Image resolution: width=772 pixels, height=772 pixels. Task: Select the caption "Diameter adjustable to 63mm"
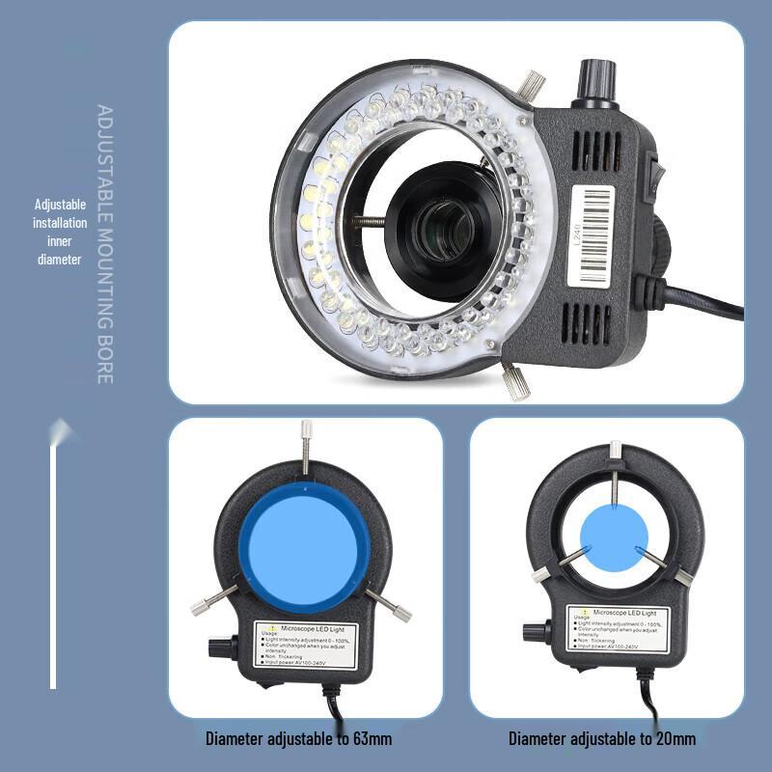click(298, 739)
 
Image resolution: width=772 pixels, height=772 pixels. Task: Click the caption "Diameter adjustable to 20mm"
click(602, 739)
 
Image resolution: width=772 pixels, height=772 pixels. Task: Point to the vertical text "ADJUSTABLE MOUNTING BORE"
click(105, 244)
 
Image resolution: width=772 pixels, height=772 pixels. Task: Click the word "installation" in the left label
click(61, 223)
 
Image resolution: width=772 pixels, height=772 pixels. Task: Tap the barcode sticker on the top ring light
click(592, 234)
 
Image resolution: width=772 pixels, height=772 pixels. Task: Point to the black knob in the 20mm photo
click(535, 632)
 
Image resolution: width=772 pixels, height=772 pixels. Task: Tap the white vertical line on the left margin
click(54, 560)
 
